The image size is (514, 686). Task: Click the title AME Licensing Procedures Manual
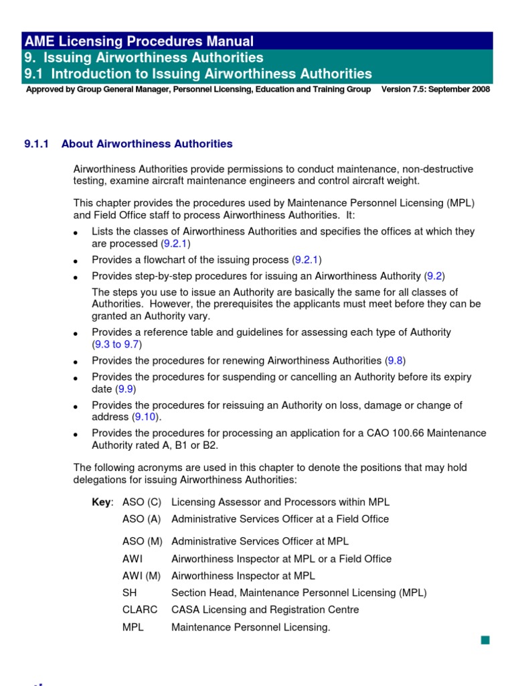[x=139, y=42]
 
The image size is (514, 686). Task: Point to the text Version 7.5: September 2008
[x=435, y=89]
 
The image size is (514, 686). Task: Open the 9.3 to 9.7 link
[x=116, y=344]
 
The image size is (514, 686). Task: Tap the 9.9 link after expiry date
[x=124, y=389]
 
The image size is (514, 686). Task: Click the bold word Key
[x=102, y=502]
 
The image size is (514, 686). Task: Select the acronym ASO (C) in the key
[x=142, y=502]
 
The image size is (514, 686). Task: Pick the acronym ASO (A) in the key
[x=142, y=519]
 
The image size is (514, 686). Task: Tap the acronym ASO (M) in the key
[x=142, y=541]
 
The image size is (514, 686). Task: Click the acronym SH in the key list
[x=129, y=593]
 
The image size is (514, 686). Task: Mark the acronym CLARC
[x=140, y=610]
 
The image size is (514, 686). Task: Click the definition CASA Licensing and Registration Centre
[x=265, y=610]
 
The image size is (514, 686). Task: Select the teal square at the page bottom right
[x=485, y=641]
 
